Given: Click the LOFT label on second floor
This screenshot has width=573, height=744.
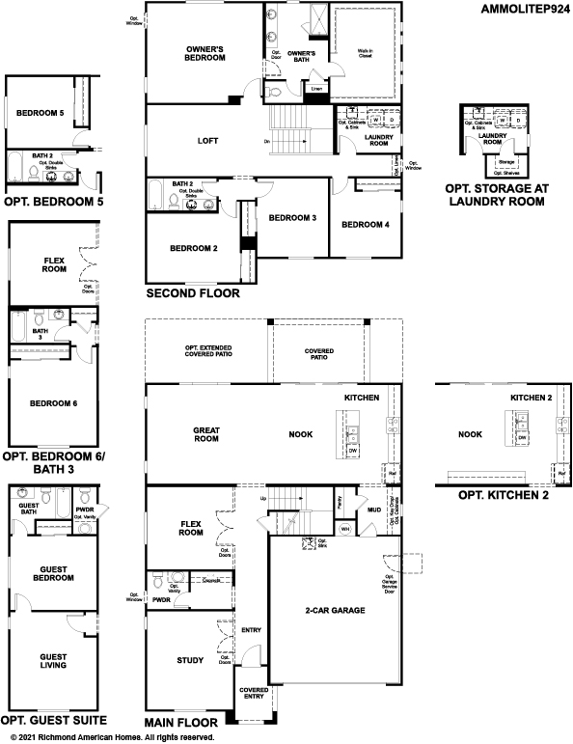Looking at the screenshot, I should pyautogui.click(x=207, y=141).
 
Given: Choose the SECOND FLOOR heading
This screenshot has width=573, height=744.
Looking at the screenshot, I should pyautogui.click(x=191, y=292).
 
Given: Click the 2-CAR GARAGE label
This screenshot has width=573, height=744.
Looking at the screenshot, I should pyautogui.click(x=334, y=611).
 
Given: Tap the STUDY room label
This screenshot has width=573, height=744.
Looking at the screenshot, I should pyautogui.click(x=190, y=660).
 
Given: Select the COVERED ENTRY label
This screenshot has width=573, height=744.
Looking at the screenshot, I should pyautogui.click(x=254, y=694).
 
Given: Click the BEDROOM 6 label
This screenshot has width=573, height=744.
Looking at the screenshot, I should pyautogui.click(x=52, y=403).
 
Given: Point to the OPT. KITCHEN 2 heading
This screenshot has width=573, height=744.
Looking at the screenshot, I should pyautogui.click(x=497, y=495).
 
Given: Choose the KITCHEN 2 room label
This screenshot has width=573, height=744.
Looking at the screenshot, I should pyautogui.click(x=531, y=398).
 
